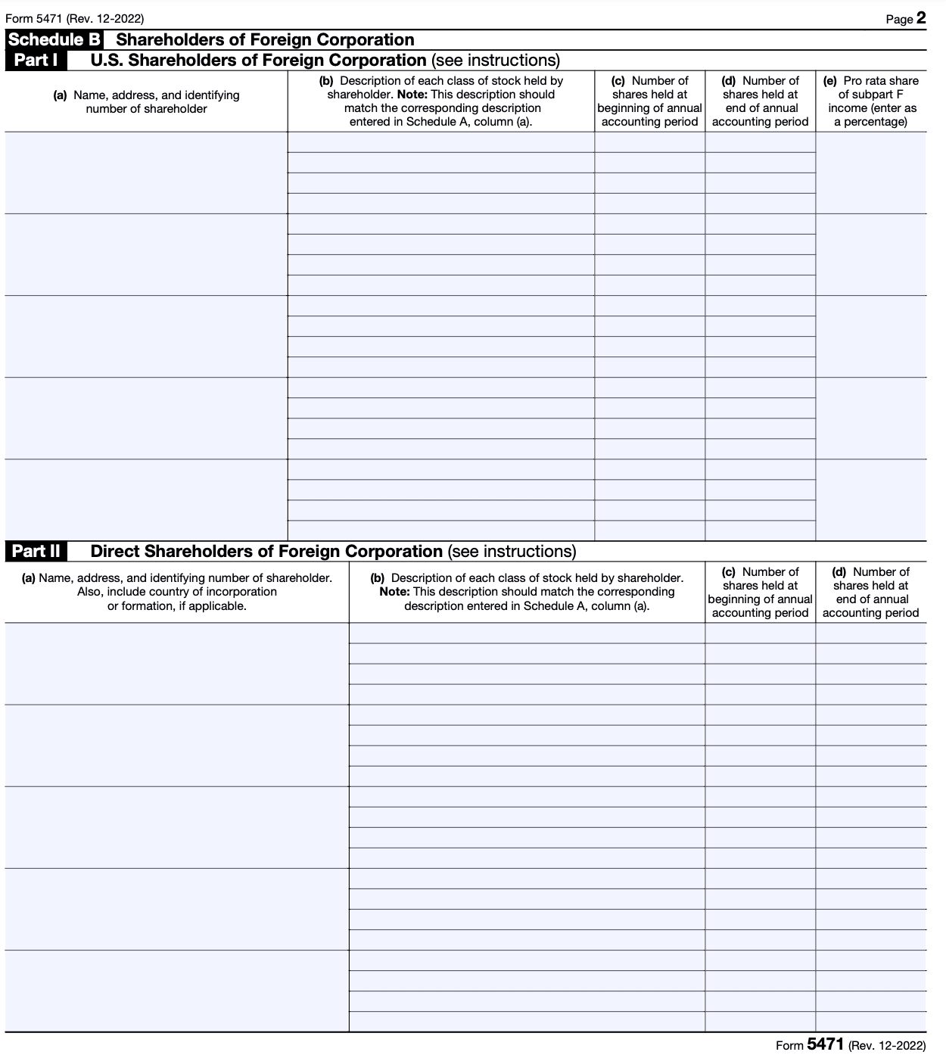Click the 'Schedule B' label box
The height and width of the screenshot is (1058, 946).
[x=55, y=40]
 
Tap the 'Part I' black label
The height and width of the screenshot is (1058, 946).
[x=36, y=61]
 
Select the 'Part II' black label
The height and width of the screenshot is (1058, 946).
[x=36, y=552]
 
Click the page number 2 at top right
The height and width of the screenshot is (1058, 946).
[x=921, y=18]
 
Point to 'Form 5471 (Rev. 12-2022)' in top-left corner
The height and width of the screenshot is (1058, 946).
[x=74, y=19]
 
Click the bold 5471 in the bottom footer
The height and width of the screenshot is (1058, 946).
[x=825, y=1044]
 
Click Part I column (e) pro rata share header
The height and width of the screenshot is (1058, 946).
[x=871, y=101]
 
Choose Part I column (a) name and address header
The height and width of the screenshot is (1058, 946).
[x=146, y=101]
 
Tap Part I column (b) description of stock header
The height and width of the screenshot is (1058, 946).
[x=441, y=101]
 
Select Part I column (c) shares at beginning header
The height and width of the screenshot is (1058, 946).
[x=649, y=101]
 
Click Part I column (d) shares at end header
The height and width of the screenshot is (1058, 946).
[x=761, y=101]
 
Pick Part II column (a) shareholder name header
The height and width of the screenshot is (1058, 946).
[x=177, y=592]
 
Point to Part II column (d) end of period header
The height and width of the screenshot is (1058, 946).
[x=871, y=592]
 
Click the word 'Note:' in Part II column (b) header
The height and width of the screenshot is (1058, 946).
[x=395, y=592]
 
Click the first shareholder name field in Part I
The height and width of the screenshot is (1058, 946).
[x=146, y=173]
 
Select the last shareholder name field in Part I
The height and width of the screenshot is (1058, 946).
[x=146, y=500]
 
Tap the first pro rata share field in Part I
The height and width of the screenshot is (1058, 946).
[x=871, y=173]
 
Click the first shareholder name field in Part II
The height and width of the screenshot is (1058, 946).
[x=177, y=664]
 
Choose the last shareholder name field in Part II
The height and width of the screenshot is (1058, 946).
[x=177, y=991]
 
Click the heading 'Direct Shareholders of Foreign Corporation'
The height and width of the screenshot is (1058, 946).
[x=266, y=552]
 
